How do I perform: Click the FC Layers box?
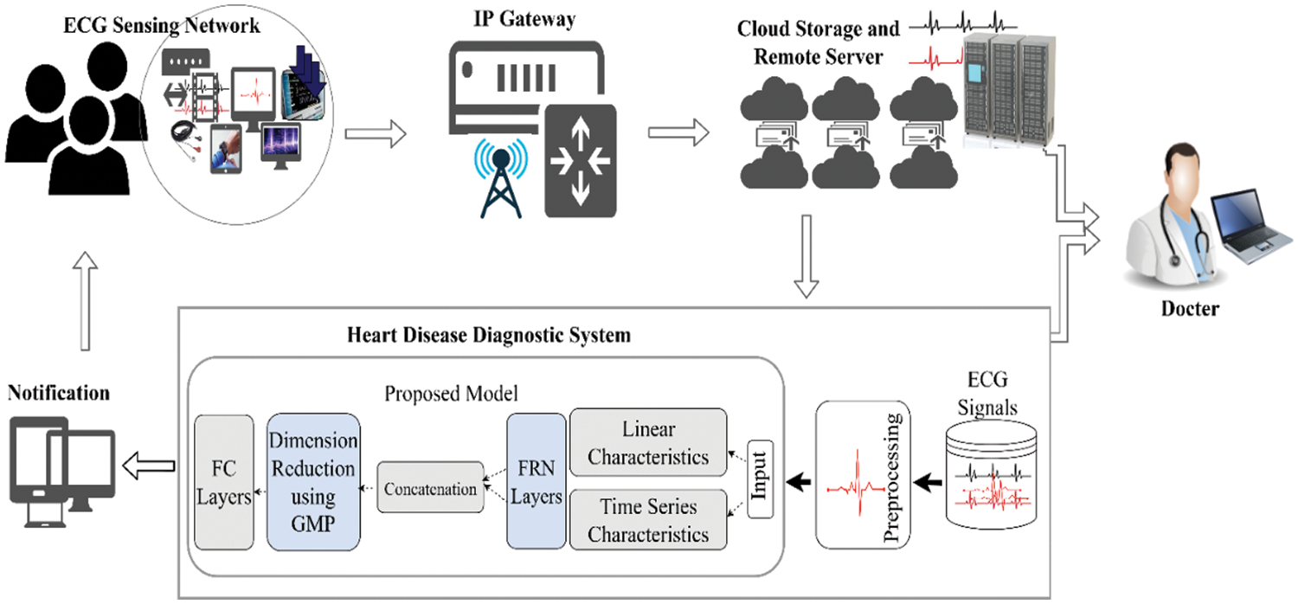coord(223,481)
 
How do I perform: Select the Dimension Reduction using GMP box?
coord(312,481)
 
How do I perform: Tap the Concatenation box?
coord(430,489)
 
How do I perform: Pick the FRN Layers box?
coord(536,481)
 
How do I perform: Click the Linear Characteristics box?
coord(648,442)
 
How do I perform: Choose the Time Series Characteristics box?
coord(648,519)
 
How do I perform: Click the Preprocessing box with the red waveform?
coord(863,475)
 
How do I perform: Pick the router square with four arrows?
coord(580,160)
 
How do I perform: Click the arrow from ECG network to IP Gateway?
coord(374,133)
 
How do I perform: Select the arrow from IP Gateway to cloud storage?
coord(678,133)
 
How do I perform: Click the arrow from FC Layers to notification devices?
coord(149,466)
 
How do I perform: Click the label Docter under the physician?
coord(1191,308)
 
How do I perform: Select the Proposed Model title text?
coord(453,395)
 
